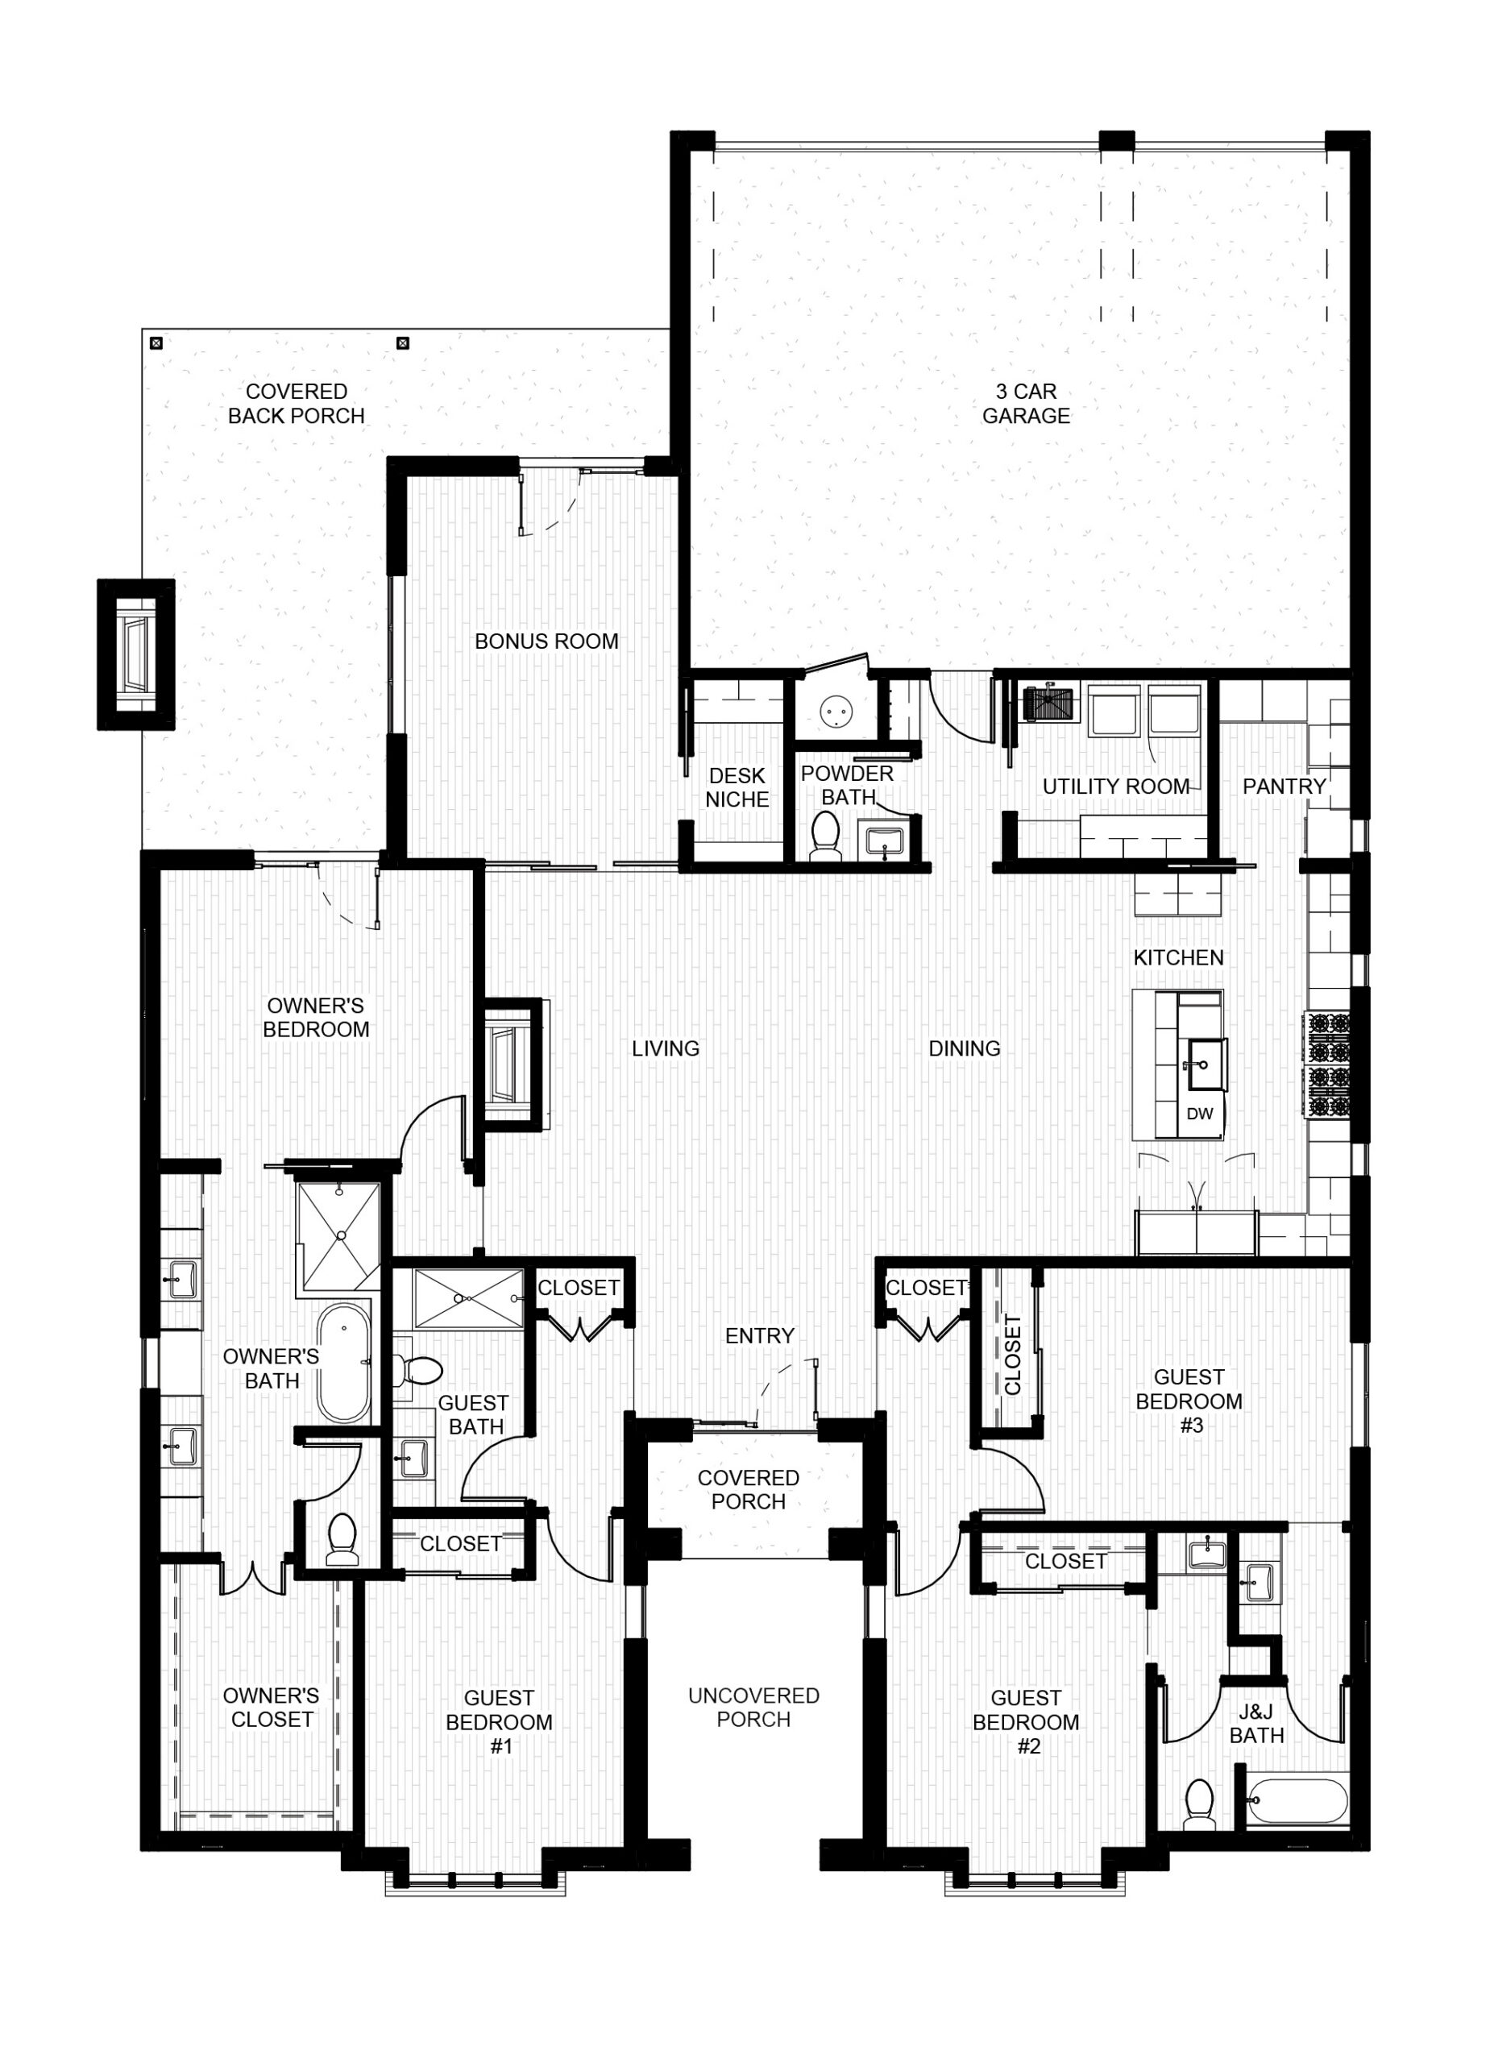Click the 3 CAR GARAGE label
1025,403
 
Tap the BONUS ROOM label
546,641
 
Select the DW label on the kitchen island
1200,1114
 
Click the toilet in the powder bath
825,835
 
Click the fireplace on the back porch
135,654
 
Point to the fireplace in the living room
510,1065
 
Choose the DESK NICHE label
737,787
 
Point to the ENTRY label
760,1335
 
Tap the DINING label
965,1048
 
